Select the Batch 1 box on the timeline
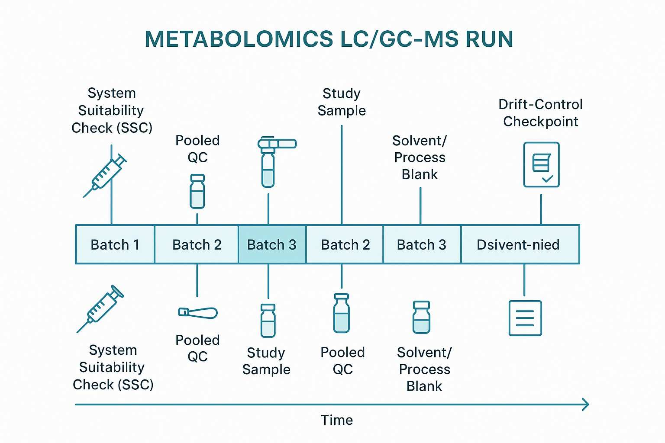point(115,244)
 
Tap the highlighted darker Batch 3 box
point(272,244)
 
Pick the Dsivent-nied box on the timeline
point(518,244)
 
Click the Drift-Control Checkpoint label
point(540,113)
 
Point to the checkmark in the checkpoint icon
point(548,178)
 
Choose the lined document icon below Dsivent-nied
point(525,318)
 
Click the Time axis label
point(337,420)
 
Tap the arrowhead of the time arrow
point(586,404)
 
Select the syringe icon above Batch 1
point(105,176)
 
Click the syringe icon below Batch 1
point(100,308)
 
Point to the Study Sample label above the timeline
point(342,102)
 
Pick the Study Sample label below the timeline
point(266,361)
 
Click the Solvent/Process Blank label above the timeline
point(420,157)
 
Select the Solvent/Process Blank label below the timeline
point(424,369)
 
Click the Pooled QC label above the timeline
point(197,148)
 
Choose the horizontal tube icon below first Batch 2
point(198,312)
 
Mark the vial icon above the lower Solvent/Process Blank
point(421,317)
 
